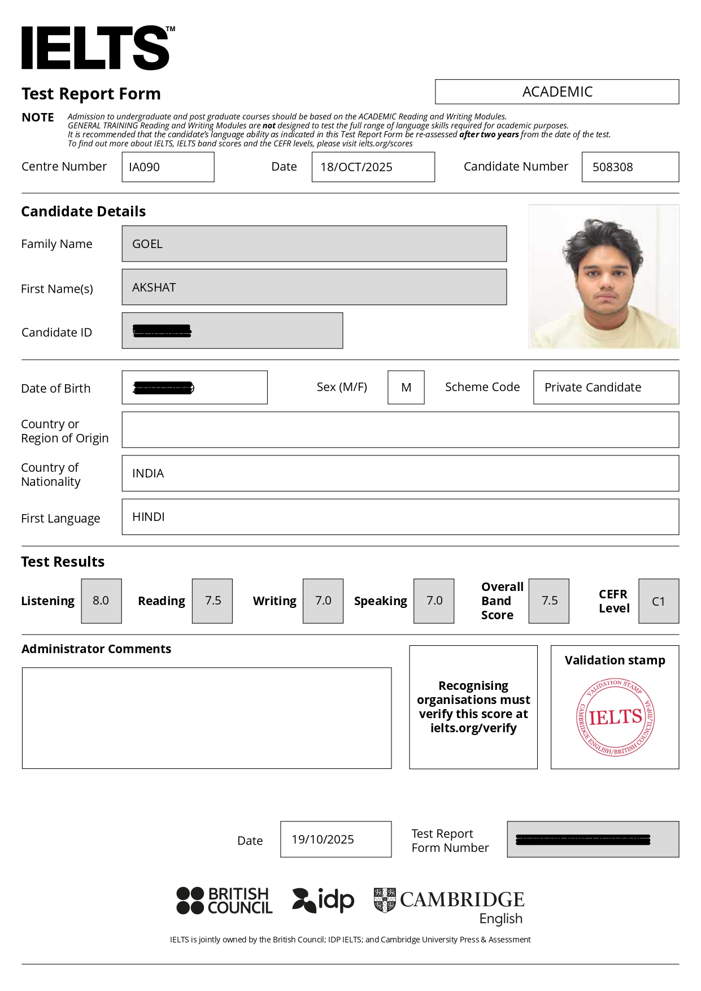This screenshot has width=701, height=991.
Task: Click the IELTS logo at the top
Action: point(96,48)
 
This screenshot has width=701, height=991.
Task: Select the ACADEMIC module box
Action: point(557,92)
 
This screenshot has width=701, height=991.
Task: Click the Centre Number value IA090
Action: point(145,167)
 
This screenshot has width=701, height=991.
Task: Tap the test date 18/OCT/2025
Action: point(356,167)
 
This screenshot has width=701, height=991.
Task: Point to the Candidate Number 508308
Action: point(613,167)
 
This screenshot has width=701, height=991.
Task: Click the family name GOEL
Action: point(147,244)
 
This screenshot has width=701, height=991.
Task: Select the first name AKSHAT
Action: point(154,288)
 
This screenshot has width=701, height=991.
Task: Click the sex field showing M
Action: point(406,388)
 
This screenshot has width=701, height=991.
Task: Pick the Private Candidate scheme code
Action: point(593,388)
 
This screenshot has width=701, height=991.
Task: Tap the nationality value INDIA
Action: point(148,473)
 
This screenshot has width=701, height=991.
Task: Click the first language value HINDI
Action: point(149,517)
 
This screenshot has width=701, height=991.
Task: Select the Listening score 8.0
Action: point(101,601)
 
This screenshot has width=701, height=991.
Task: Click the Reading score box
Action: point(212,601)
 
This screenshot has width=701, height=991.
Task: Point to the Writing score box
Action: point(323,601)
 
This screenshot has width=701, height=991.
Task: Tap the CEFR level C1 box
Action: point(659,601)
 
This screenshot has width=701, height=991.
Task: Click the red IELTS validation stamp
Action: point(615,718)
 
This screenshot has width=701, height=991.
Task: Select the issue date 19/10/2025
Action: point(323,840)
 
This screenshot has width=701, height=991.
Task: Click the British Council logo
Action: point(225,901)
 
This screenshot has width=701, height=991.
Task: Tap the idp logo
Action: point(323,900)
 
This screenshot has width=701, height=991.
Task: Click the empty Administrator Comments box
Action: point(207,718)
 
